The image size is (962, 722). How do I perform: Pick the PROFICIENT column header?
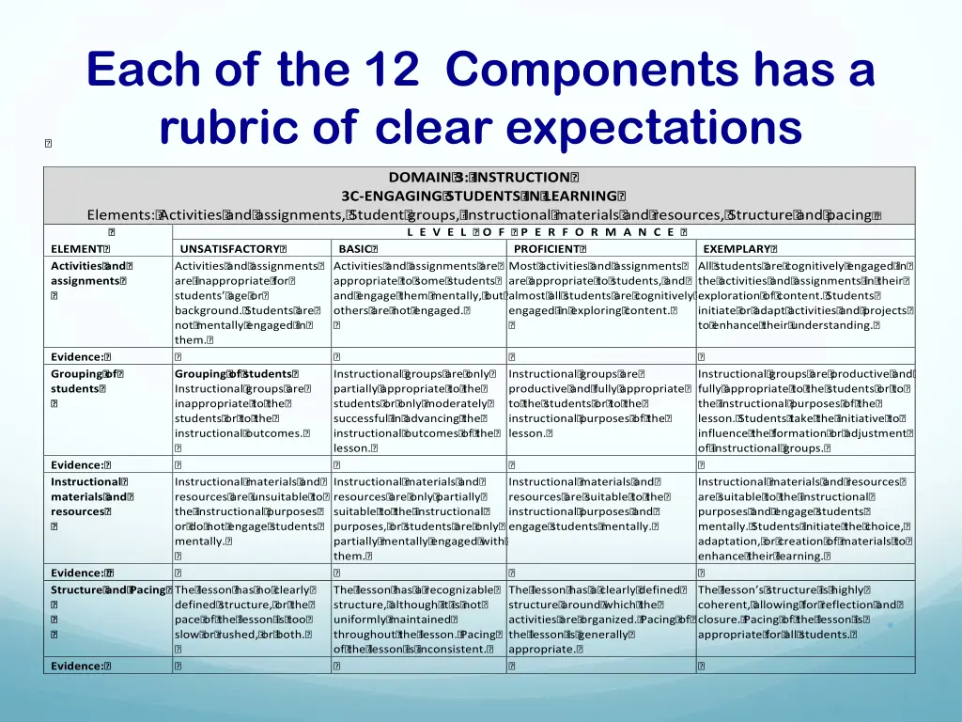pyautogui.click(x=548, y=248)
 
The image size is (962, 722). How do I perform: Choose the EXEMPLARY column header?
pyautogui.click(x=737, y=248)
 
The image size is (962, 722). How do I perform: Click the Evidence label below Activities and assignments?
pyautogui.click(x=80, y=356)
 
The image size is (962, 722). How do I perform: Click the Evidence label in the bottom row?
pyautogui.click(x=80, y=666)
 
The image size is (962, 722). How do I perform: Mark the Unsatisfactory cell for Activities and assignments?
pyautogui.click(x=249, y=302)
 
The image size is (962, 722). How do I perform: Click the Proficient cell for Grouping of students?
pyautogui.click(x=599, y=403)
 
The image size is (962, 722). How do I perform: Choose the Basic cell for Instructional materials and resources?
pyautogui.click(x=419, y=519)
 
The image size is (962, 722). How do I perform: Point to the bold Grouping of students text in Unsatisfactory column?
pyautogui.click(x=237, y=373)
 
